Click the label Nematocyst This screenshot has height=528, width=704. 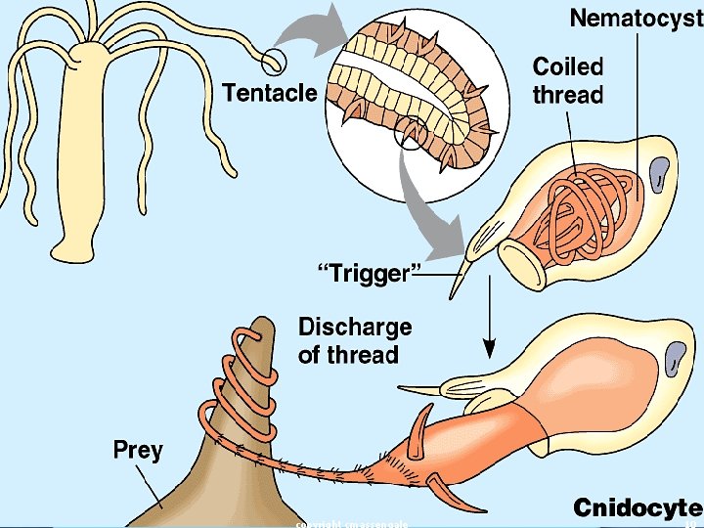click(636, 19)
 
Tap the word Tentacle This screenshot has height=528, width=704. click(270, 93)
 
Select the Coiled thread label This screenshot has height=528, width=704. click(568, 80)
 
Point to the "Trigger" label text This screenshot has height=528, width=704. click(363, 273)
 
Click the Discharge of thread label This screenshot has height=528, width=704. click(355, 339)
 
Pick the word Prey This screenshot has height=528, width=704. click(138, 451)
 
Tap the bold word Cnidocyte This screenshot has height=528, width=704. click(637, 507)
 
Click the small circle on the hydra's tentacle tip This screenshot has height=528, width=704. click(275, 61)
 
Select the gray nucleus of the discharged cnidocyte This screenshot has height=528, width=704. click(674, 361)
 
